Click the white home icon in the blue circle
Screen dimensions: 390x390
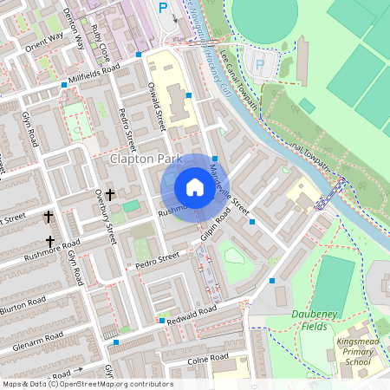click(195, 187)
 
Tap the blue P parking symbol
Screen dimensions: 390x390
click(163, 8)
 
